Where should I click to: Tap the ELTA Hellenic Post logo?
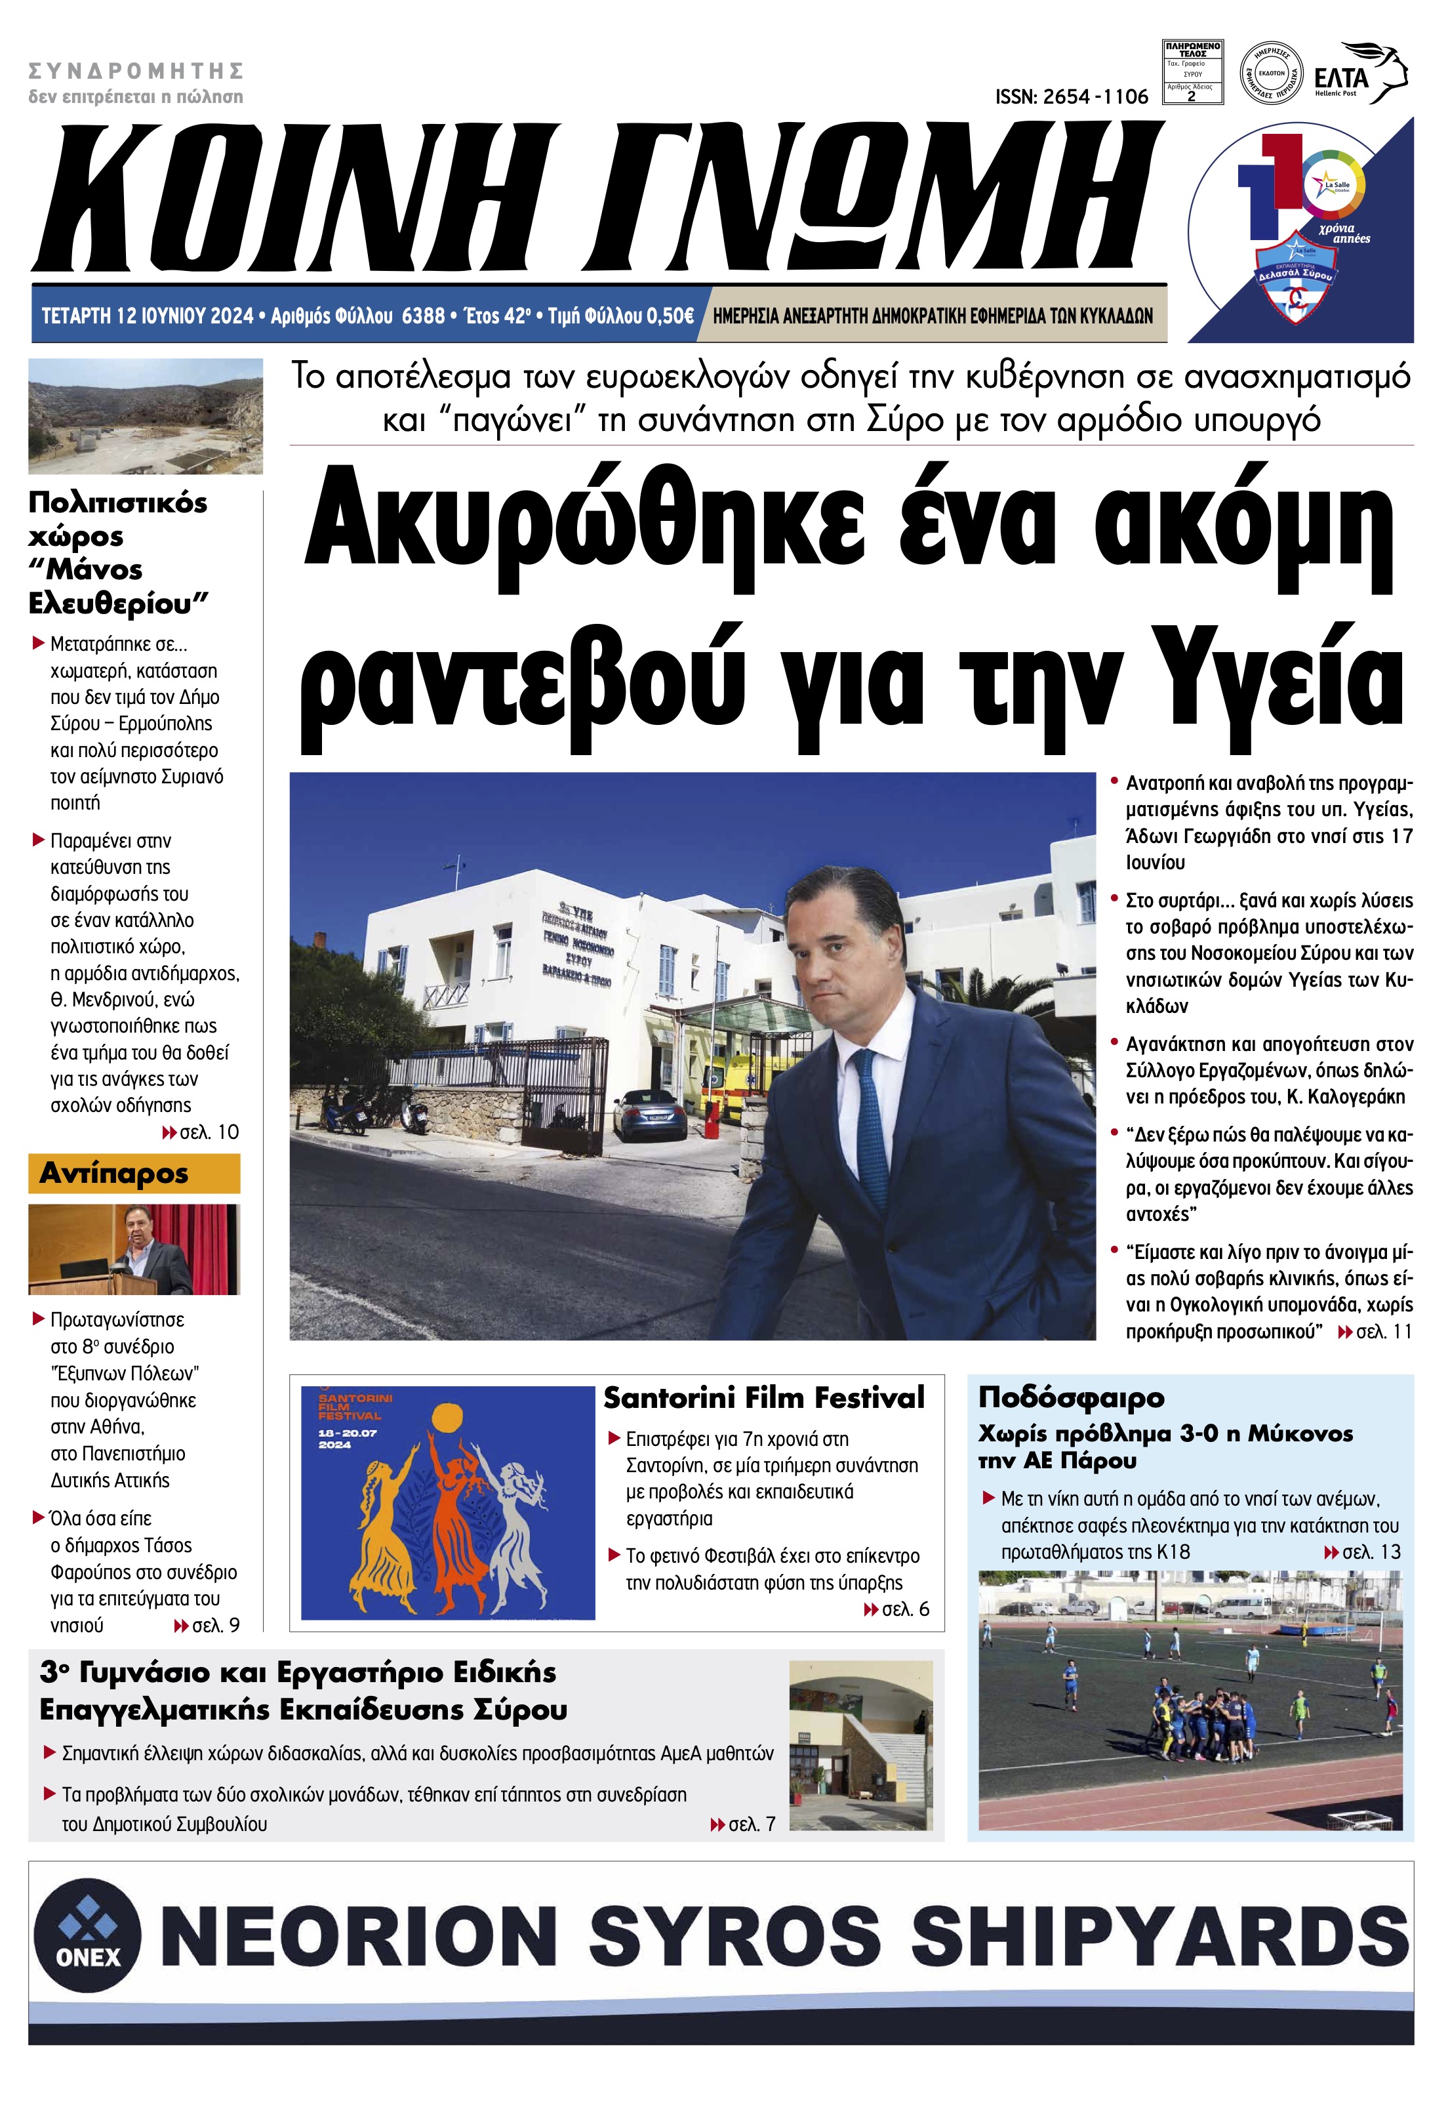(1361, 74)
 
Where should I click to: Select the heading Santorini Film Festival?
(764, 1397)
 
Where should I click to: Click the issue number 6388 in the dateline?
(423, 316)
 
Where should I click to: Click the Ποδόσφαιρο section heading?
(1070, 1397)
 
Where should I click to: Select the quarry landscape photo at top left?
(145, 416)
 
